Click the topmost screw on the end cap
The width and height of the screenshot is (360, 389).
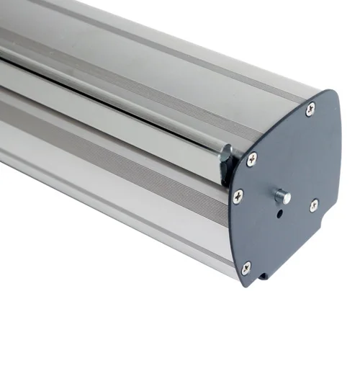310,109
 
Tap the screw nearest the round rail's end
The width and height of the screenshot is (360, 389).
251,159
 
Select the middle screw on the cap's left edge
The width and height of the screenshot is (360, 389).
238,195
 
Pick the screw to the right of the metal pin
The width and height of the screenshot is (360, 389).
314,205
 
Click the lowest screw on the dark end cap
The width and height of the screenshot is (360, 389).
246,267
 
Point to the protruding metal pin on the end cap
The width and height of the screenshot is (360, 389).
282,196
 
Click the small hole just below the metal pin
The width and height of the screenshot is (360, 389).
279,214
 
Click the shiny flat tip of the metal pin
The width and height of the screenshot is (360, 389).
287,196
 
